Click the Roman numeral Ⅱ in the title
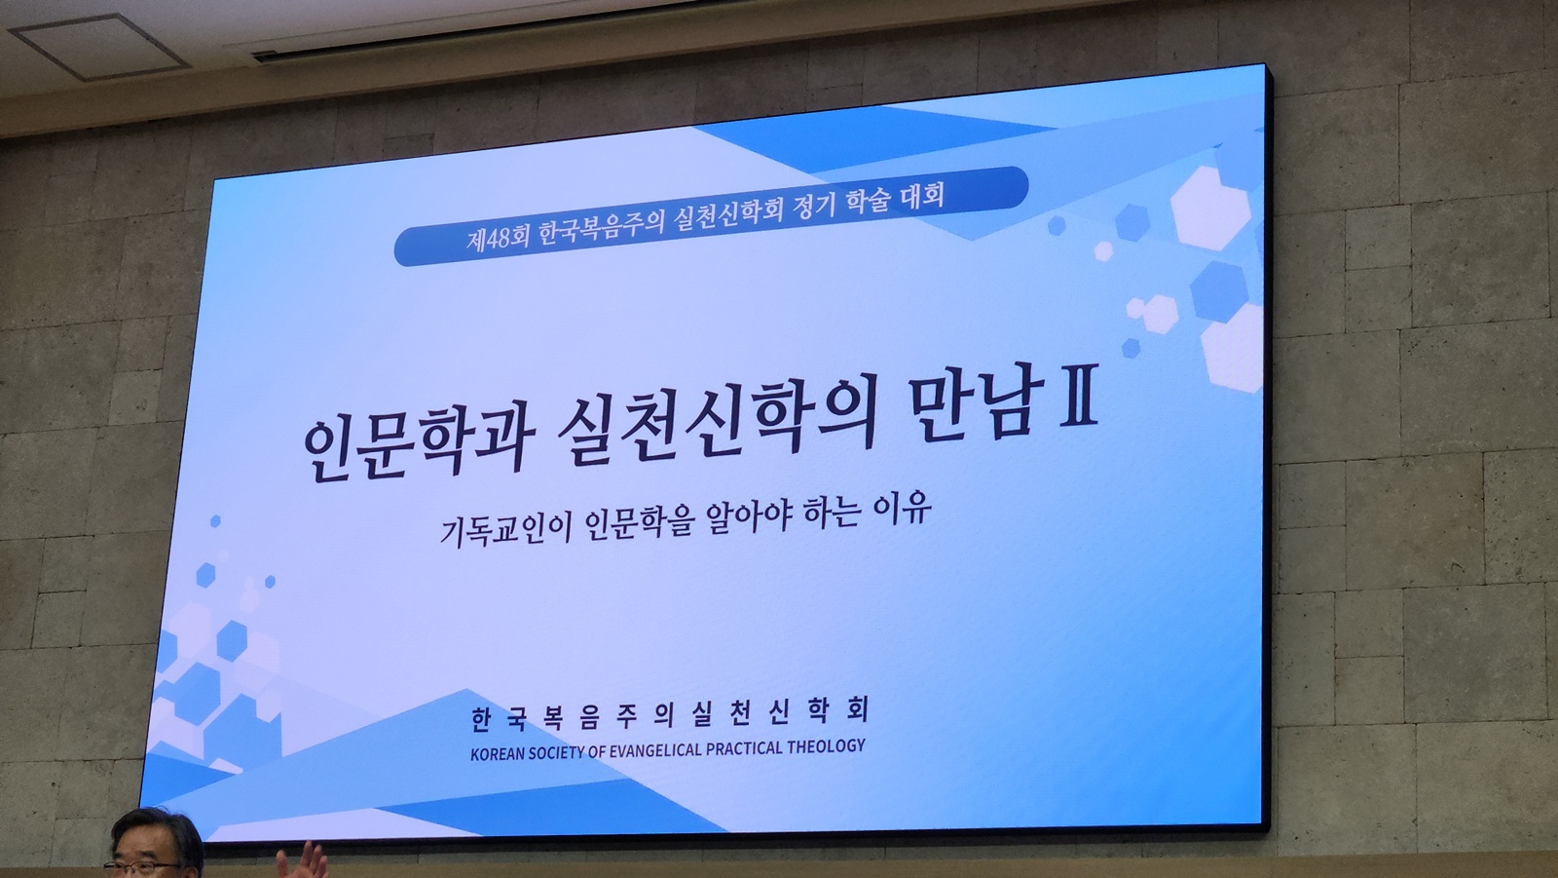click(1079, 394)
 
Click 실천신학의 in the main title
click(717, 426)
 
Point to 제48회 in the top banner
click(497, 238)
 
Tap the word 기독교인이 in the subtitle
click(505, 530)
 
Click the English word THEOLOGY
click(827, 747)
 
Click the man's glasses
click(143, 867)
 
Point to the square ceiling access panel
click(98, 45)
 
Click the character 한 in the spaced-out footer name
click(481, 721)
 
